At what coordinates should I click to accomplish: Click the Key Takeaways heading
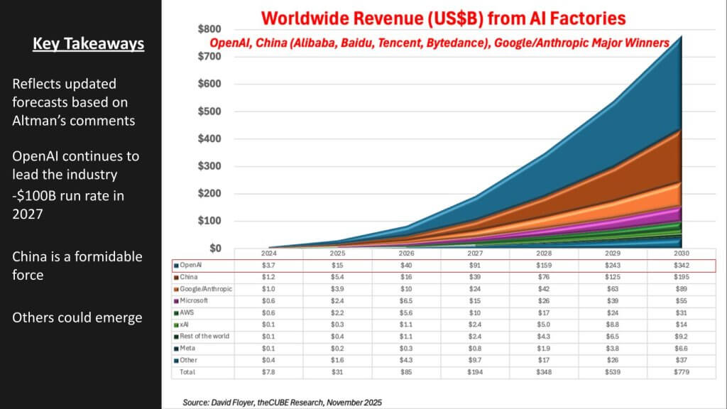[x=89, y=45]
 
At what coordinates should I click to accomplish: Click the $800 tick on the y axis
[x=209, y=29]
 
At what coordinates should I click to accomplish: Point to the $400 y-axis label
[x=209, y=138]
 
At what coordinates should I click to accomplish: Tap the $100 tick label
[x=209, y=221]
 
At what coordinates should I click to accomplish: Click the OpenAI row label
[x=191, y=266]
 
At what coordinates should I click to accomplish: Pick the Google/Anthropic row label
[x=206, y=289]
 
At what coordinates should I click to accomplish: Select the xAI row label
[x=187, y=325]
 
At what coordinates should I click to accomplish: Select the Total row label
[x=188, y=372]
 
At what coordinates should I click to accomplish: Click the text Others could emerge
[x=77, y=317]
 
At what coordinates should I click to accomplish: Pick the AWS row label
[x=189, y=313]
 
